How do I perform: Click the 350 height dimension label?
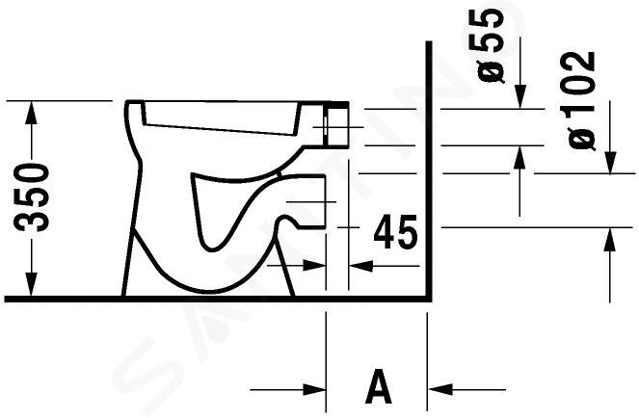pyautogui.click(x=32, y=197)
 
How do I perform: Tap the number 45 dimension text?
pyautogui.click(x=396, y=232)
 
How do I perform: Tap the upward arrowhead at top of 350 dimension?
pyautogui.click(x=31, y=113)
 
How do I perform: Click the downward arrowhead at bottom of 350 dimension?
pyautogui.click(x=31, y=284)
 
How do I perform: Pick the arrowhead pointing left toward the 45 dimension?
pyautogui.click(x=361, y=266)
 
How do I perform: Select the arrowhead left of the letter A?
pyautogui.click(x=314, y=389)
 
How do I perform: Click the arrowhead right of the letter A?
pyautogui.click(x=440, y=389)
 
